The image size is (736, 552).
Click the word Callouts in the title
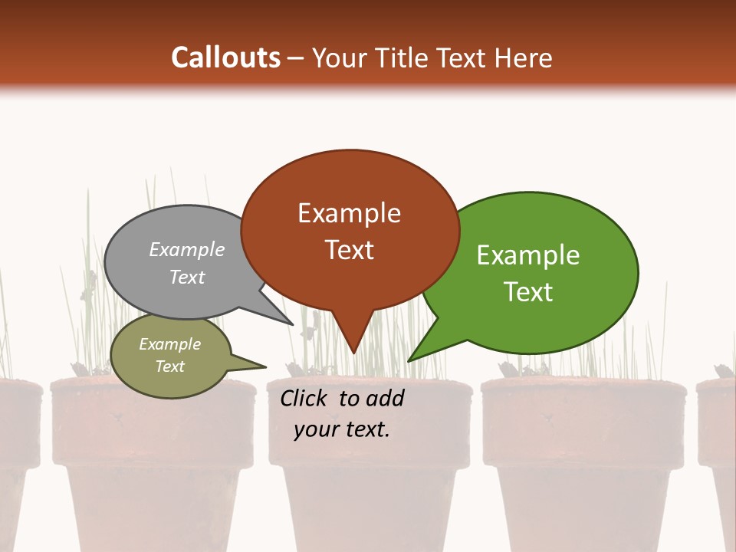coord(225,58)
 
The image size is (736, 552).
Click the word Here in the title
coord(524,58)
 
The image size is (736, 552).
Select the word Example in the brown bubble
coord(349,213)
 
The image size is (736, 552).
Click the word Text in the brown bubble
coord(349,250)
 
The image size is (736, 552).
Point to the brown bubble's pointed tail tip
coord(353,353)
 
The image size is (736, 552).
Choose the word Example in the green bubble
coord(528,255)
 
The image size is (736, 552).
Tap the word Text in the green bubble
coord(528,292)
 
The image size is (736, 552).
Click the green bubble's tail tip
coord(409,361)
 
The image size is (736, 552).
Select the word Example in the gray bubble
coord(187,249)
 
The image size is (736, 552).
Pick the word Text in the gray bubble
coord(187,277)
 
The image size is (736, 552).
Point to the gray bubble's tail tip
coord(294,325)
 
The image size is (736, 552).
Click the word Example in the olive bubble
coord(169,344)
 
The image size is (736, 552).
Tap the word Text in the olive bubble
coord(169,366)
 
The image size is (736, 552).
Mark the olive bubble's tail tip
coord(266,366)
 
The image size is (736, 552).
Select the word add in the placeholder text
coord(384,398)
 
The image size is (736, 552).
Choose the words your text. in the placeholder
coord(342,429)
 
